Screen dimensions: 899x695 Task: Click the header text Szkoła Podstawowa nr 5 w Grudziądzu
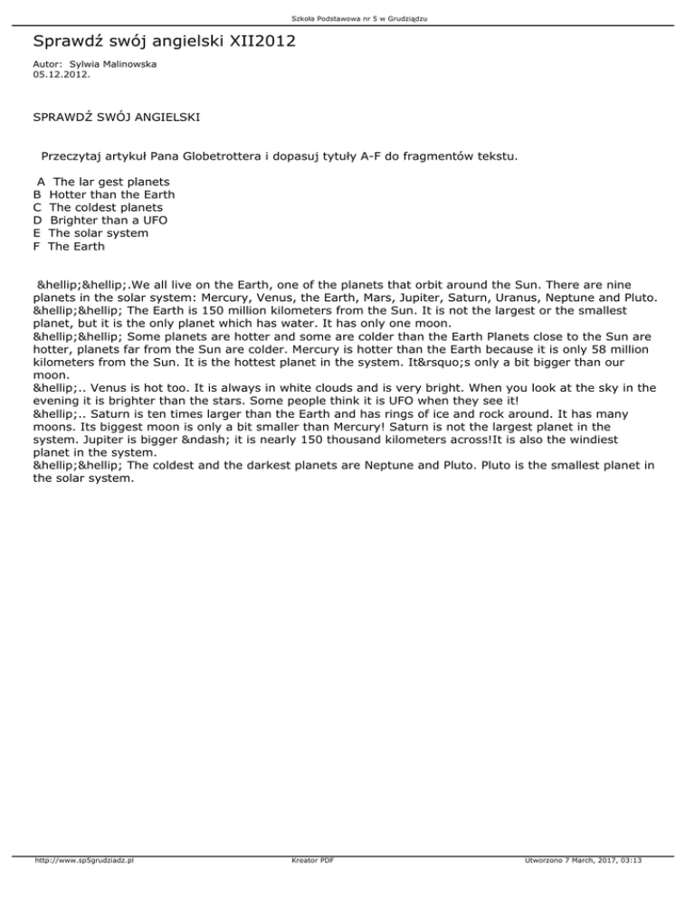tap(347, 19)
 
